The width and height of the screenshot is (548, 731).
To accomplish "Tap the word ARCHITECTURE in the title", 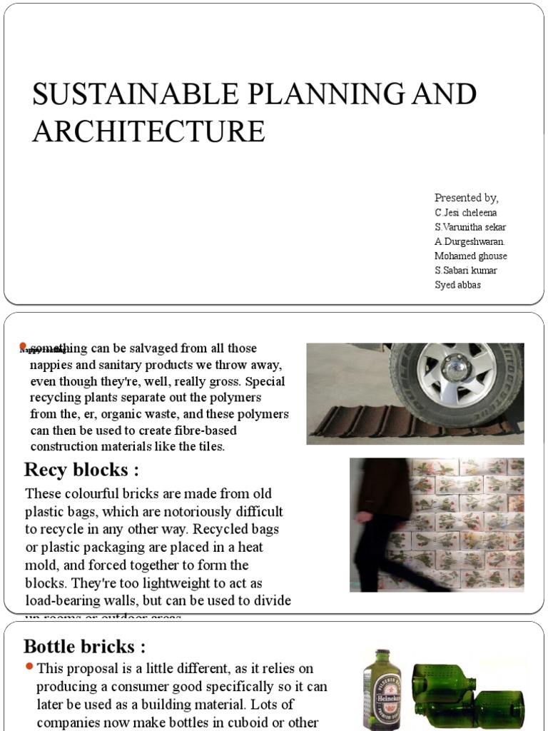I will point(148,132).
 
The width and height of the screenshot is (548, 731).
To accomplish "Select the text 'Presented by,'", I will point(467,198).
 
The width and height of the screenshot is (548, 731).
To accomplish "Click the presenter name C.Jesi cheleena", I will point(466,213).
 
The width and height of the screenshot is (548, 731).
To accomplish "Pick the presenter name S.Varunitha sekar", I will point(470,227).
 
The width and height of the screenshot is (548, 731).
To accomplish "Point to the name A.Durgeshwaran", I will point(469,241).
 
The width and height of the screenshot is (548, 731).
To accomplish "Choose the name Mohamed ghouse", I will point(471,256).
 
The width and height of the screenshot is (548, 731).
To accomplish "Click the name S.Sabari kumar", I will point(466,271).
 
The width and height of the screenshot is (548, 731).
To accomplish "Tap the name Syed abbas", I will point(457,285).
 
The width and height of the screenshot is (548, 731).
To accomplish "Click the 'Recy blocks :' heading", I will point(81,470).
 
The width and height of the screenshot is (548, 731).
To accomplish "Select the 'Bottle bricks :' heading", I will point(85,647).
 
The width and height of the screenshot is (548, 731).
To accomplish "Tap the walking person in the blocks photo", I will point(382,521).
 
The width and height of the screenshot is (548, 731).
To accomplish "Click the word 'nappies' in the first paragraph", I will point(51,364).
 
